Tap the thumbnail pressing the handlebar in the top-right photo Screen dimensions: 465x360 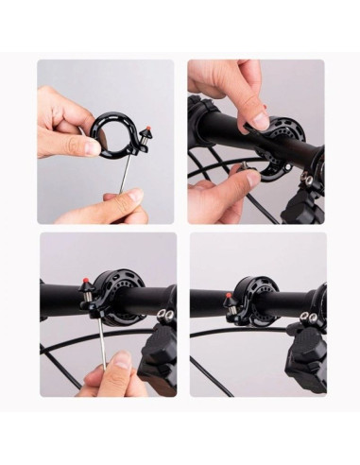point(257,120)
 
